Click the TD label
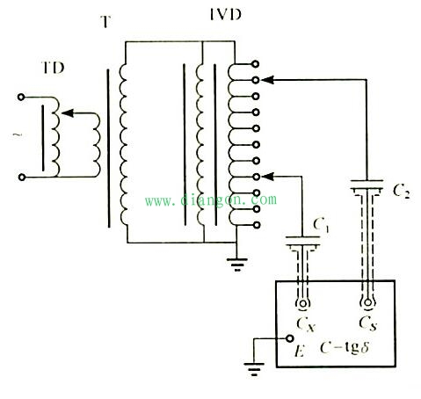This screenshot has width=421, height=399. click(54, 68)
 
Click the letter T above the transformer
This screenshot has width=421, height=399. click(105, 21)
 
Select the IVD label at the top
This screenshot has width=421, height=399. click(226, 14)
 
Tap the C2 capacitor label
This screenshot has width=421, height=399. click(401, 192)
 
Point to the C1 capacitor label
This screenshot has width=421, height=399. click(322, 226)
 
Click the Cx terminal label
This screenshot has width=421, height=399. click(306, 324)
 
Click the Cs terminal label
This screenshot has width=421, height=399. click(368, 323)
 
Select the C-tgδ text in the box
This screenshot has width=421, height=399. click(345, 348)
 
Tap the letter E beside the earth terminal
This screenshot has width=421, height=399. click(299, 351)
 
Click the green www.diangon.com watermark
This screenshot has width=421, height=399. click(211, 199)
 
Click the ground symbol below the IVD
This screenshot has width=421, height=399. click(237, 265)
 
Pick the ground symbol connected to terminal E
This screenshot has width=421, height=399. click(254, 369)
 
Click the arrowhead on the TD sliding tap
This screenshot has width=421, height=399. click(68, 113)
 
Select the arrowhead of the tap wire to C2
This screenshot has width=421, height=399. click(267, 80)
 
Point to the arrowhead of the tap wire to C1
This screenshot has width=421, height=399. click(267, 177)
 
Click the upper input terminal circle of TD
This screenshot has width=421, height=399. click(21, 97)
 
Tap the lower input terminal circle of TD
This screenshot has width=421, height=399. click(21, 177)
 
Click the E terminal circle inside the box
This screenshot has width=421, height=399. click(289, 338)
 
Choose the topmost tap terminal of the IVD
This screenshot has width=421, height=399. click(256, 64)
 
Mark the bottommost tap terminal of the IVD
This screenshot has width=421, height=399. click(257, 225)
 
